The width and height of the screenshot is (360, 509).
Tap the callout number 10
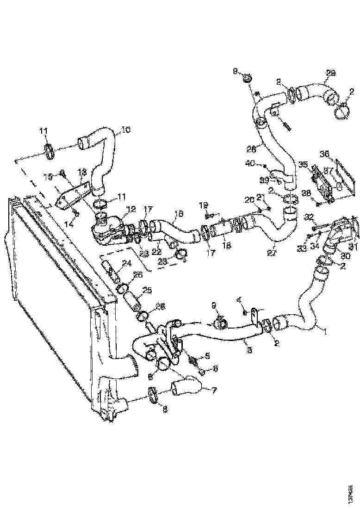(126, 130)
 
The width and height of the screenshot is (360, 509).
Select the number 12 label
(132, 210)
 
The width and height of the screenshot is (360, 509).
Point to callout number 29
(330, 73)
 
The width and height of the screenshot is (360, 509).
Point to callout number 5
(207, 356)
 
